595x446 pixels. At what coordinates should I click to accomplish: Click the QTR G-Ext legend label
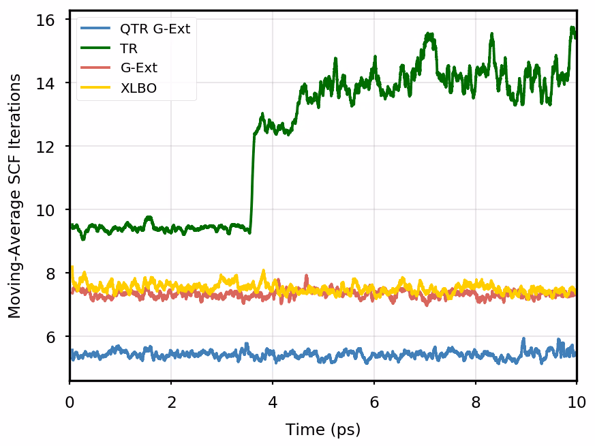(x=155, y=29)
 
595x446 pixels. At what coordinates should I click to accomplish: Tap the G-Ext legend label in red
(x=139, y=68)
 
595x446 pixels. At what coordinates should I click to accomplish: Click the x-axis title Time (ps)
(x=323, y=430)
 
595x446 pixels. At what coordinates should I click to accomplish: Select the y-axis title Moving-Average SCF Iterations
(x=15, y=196)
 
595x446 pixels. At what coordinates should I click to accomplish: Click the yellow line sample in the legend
(x=96, y=88)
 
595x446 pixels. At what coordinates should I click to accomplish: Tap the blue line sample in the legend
(x=96, y=29)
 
